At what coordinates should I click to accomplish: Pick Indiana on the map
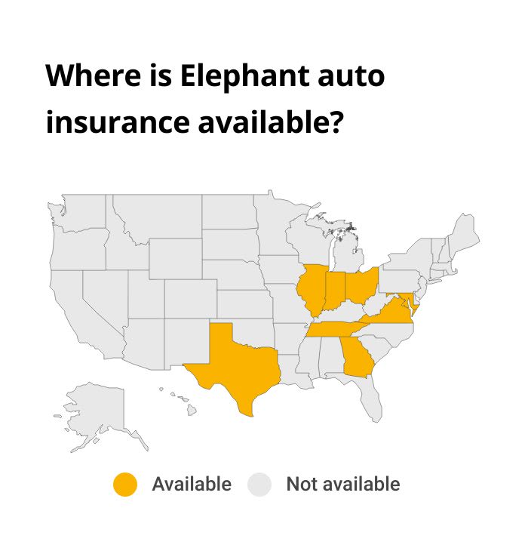(x=333, y=290)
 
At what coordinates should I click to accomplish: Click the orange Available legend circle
(x=125, y=485)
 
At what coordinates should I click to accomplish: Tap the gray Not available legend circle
(x=259, y=485)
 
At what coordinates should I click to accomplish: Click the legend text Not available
(x=342, y=485)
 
